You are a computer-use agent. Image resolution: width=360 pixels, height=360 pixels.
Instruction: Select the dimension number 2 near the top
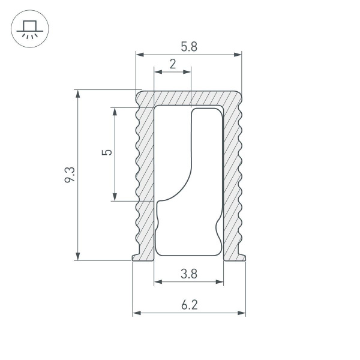click(x=173, y=64)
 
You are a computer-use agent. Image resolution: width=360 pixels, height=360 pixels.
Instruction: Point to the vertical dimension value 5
click(x=107, y=152)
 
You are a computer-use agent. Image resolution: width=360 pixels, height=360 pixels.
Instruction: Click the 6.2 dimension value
click(x=188, y=305)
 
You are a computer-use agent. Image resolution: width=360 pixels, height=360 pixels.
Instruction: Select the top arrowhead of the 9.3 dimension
click(x=77, y=94)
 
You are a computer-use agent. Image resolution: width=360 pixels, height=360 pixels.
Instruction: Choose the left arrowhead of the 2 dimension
click(x=158, y=72)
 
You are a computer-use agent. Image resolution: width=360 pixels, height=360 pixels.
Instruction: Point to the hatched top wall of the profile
click(x=189, y=98)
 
